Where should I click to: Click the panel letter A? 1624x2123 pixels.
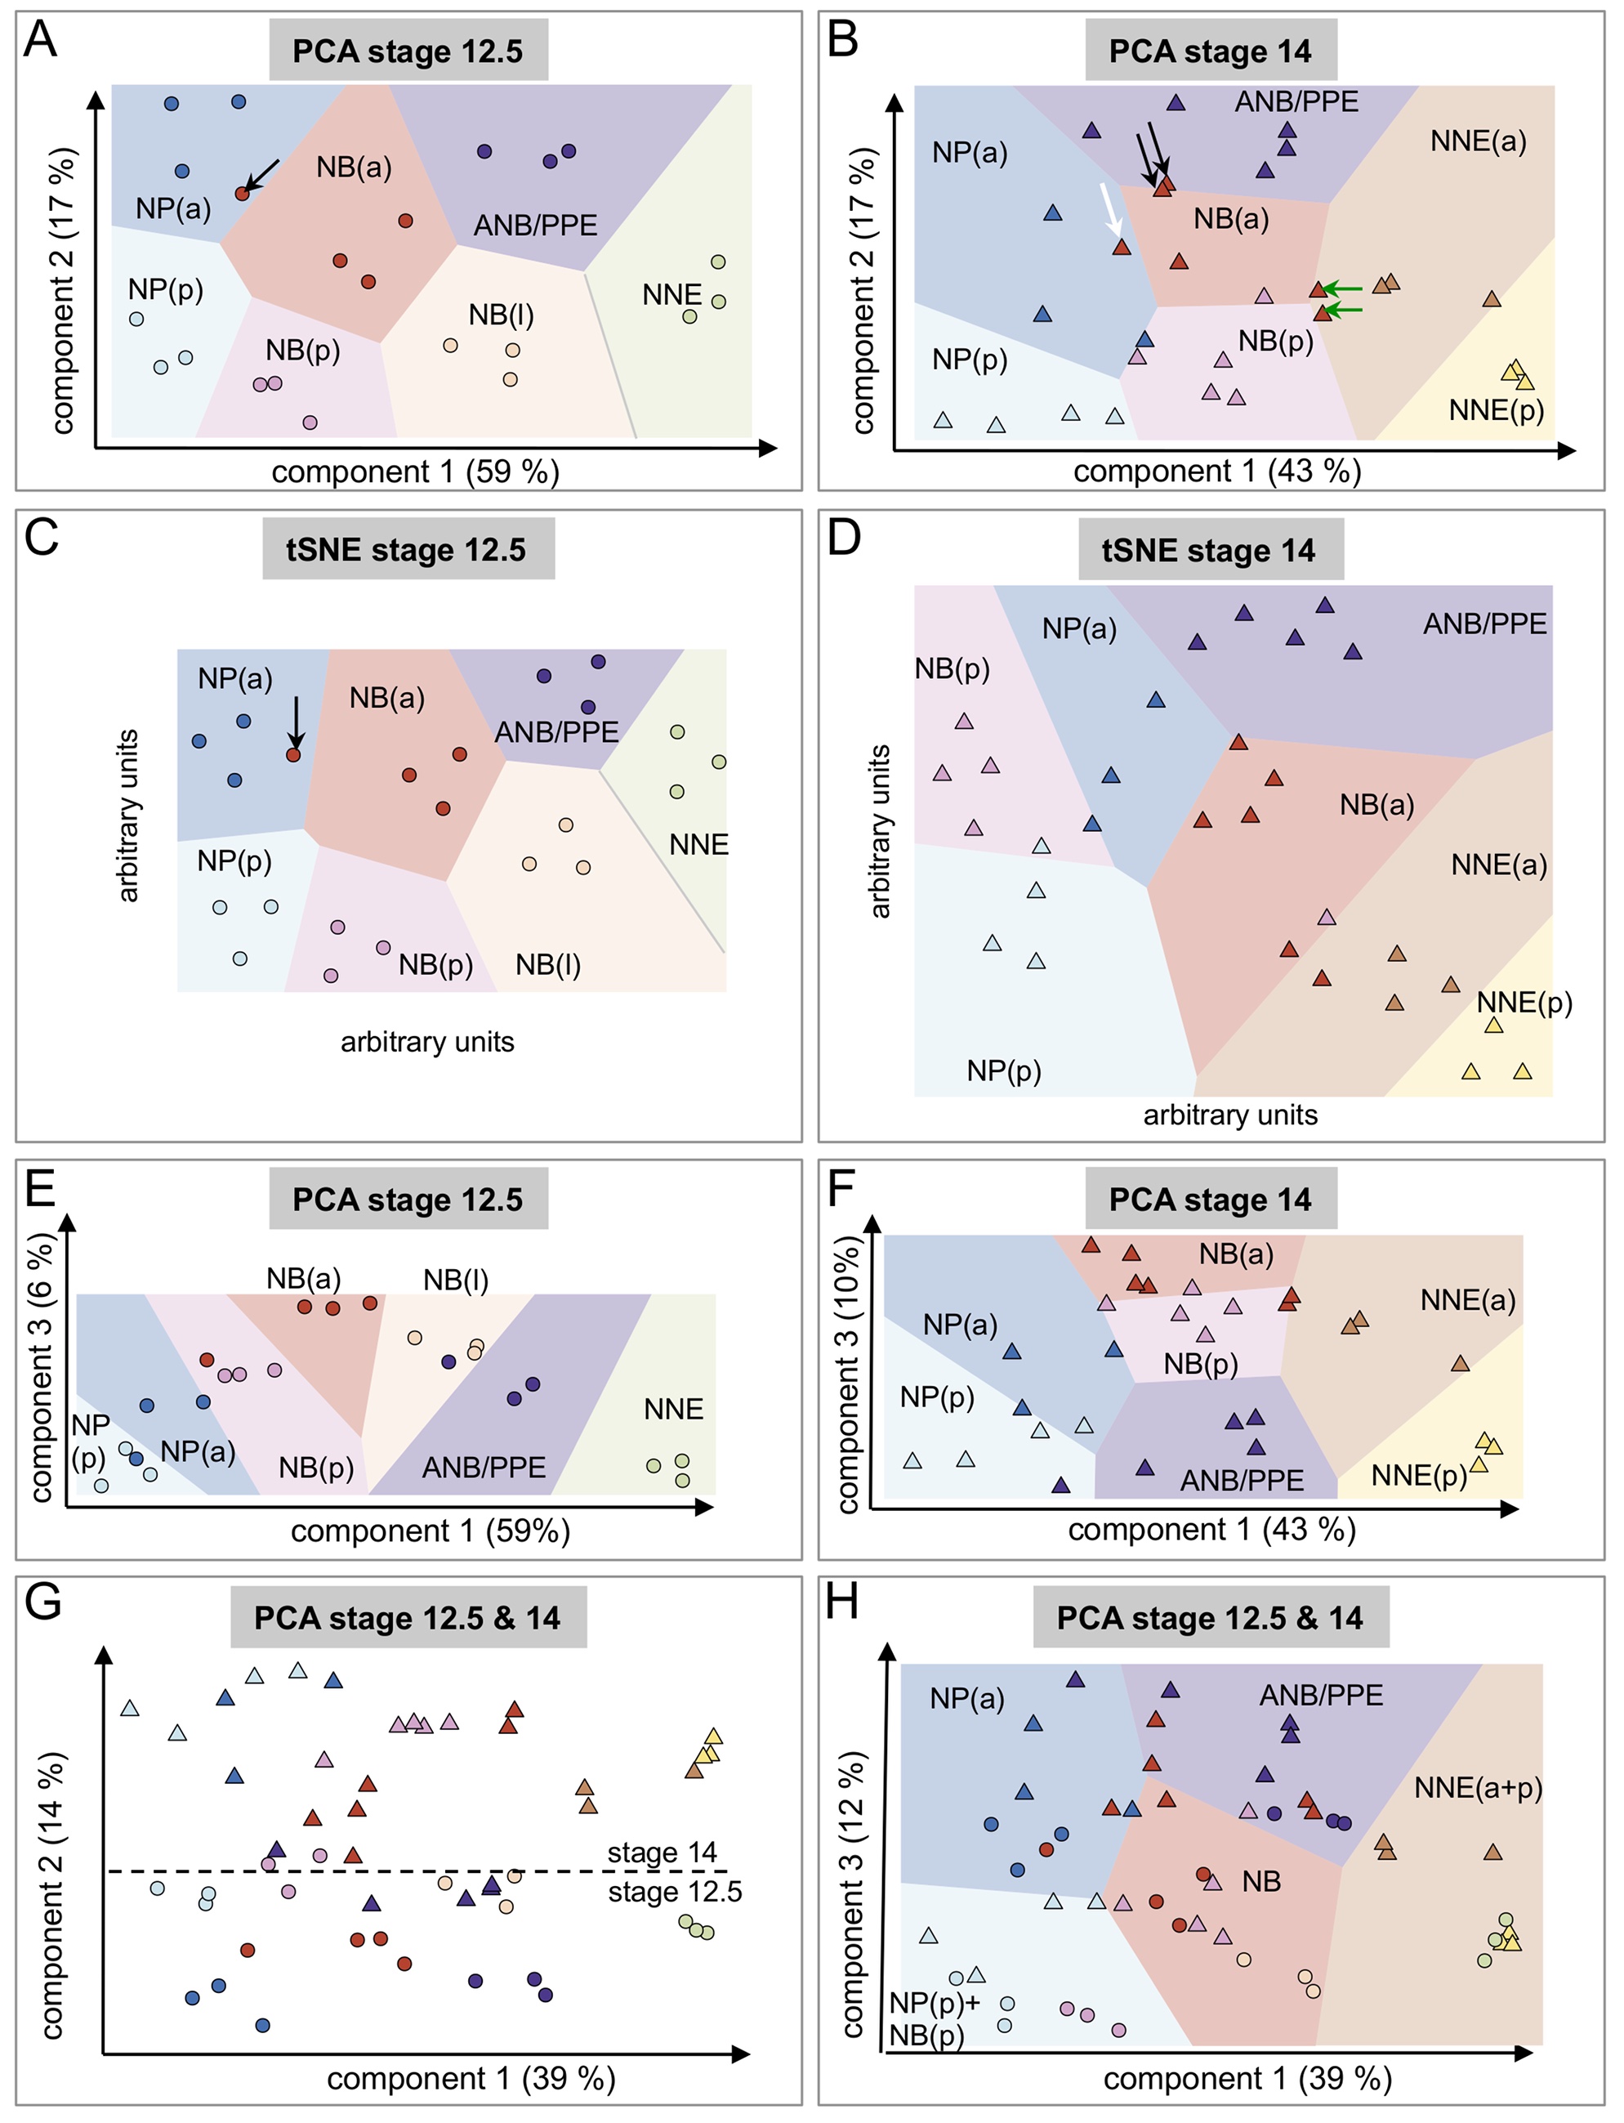pyautogui.click(x=41, y=40)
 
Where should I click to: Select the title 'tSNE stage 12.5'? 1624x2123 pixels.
pyautogui.click(x=407, y=550)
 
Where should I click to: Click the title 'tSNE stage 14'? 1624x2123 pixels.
pyautogui.click(x=1209, y=551)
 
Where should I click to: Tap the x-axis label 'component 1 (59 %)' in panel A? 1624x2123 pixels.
pyautogui.click(x=416, y=472)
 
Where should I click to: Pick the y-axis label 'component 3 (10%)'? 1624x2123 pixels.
pyautogui.click(x=848, y=1374)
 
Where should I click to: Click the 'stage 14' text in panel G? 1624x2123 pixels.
pyautogui.click(x=663, y=1853)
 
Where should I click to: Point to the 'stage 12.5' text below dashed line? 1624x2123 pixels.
pyautogui.click(x=675, y=1892)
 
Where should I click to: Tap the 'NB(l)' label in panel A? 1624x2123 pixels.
pyautogui.click(x=501, y=315)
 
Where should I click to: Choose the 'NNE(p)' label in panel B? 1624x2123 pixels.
pyautogui.click(x=1497, y=410)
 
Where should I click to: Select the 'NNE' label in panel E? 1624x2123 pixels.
pyautogui.click(x=673, y=1410)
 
